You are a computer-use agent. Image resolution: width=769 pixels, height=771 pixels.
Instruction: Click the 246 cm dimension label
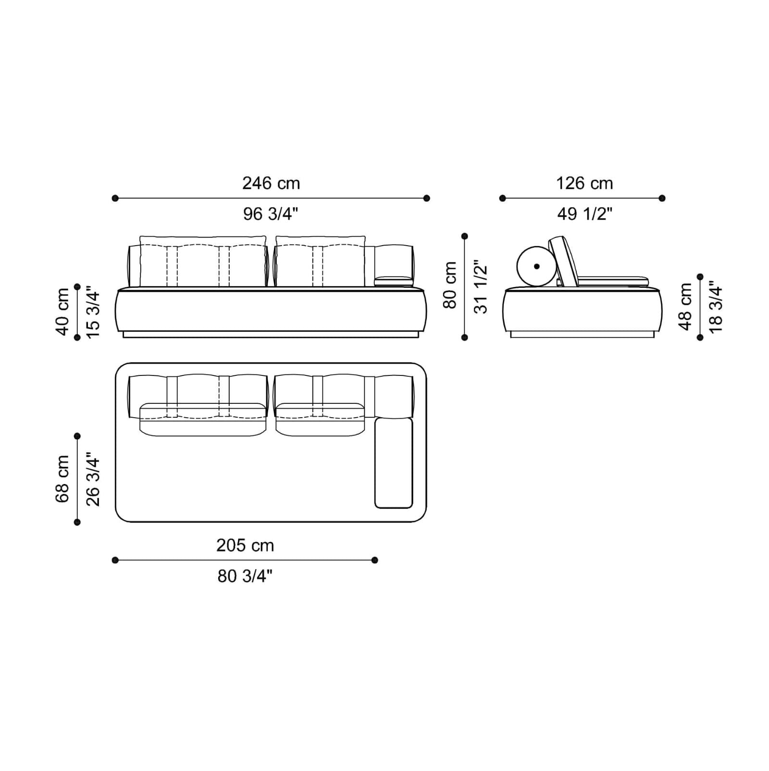[271, 183]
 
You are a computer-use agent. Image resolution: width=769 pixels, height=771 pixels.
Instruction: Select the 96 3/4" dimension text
[271, 213]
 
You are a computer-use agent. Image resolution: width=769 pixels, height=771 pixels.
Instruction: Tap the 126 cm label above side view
[584, 183]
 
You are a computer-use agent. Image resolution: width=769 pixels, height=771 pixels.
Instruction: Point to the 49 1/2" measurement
[585, 213]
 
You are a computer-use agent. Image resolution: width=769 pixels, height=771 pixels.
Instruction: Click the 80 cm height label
[450, 285]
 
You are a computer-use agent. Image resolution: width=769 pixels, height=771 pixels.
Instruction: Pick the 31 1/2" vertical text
[480, 287]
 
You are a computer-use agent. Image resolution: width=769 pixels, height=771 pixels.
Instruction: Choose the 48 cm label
[685, 307]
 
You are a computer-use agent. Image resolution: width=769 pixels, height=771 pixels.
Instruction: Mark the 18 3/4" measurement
[715, 307]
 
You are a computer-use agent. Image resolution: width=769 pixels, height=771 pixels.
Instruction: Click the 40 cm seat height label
[62, 311]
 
